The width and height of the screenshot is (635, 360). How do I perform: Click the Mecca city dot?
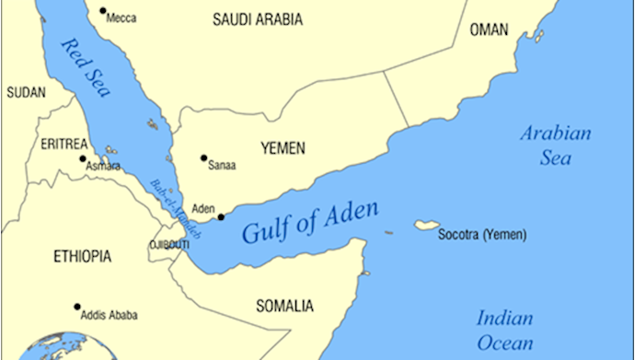tap(102, 17)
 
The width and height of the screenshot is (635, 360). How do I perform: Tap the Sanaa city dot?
tap(203, 157)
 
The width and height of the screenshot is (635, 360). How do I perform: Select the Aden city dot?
tap(221, 217)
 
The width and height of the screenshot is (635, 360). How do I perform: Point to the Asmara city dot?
tap(82, 158)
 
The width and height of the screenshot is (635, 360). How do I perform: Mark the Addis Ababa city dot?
tap(76, 307)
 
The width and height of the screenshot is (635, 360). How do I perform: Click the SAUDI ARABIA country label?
tap(260, 18)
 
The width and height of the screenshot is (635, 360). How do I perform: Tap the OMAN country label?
tap(489, 30)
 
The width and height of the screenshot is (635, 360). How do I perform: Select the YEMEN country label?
tap(283, 148)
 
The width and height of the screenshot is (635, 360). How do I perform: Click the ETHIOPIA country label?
tap(83, 255)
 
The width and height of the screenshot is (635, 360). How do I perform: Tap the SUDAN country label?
tap(26, 92)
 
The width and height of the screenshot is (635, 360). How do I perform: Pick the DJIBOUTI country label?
tap(168, 245)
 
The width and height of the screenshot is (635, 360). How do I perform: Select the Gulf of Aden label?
tap(309, 222)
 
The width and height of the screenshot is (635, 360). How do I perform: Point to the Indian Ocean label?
tap(505, 331)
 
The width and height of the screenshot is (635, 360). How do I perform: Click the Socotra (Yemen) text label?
tap(483, 235)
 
